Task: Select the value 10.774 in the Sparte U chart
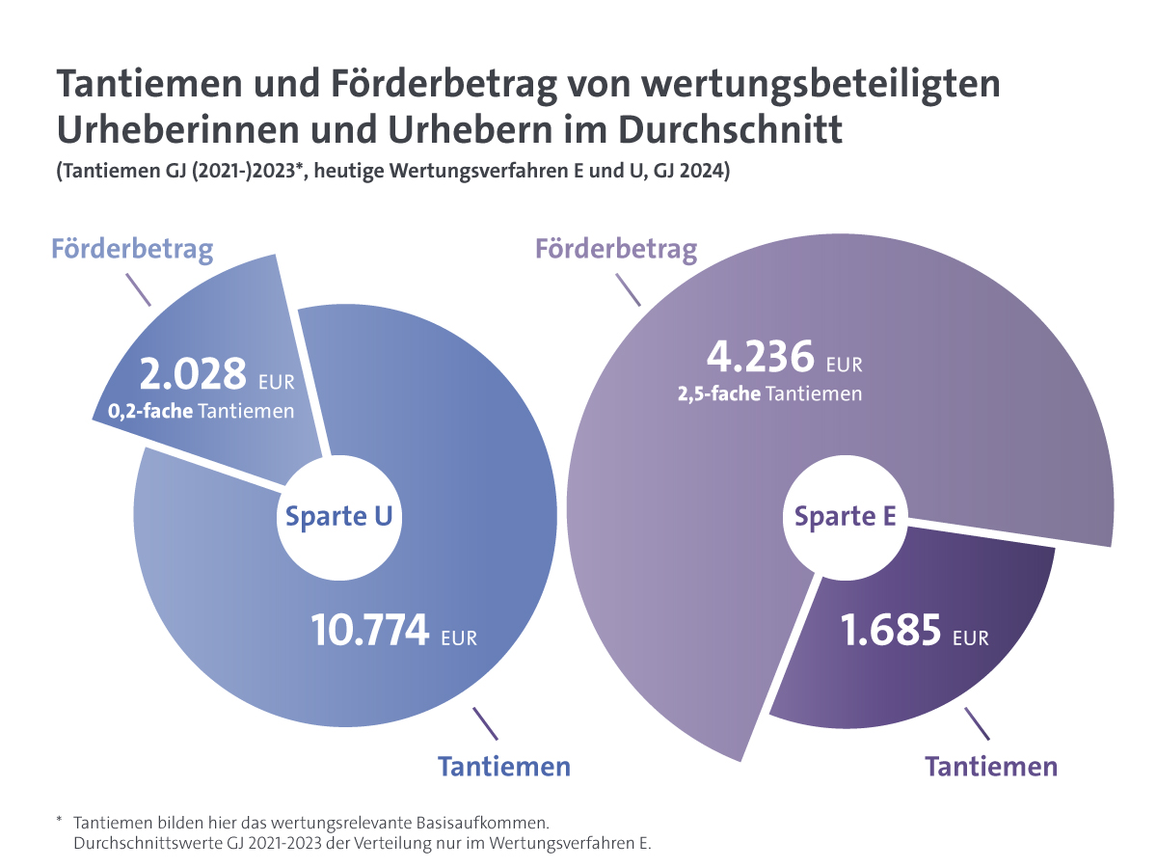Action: tap(370, 631)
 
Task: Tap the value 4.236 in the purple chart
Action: tap(761, 359)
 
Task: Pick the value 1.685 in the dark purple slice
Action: tap(890, 631)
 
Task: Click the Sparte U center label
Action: tap(338, 517)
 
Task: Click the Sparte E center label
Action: tap(845, 517)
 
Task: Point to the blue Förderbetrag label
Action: tap(132, 250)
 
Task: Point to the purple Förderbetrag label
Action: tap(616, 250)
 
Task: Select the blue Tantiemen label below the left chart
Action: tap(504, 767)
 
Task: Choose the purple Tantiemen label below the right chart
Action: tap(991, 767)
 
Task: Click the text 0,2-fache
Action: tap(143, 412)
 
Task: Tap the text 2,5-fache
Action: tap(718, 393)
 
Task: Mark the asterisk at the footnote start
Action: tap(59, 821)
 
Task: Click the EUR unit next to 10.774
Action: tap(459, 638)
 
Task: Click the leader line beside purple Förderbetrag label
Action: tap(628, 290)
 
